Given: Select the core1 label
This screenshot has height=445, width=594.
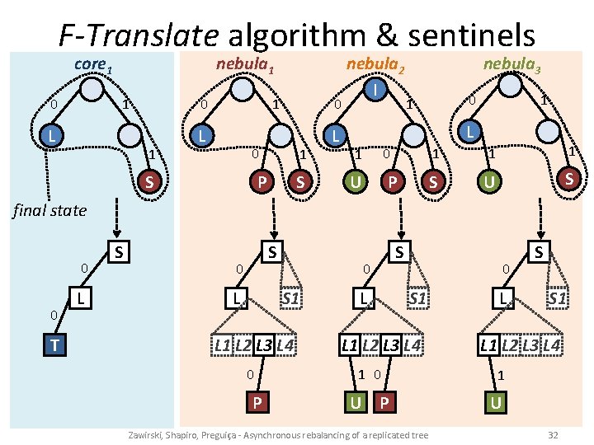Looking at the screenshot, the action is pos(92,64).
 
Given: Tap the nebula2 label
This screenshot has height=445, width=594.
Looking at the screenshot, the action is pos(375,64).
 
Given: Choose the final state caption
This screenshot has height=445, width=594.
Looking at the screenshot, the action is pos(49,210).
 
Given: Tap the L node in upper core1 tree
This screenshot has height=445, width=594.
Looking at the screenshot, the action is pos(51,134).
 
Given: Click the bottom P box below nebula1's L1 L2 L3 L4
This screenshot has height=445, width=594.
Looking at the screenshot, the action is pos(258,404).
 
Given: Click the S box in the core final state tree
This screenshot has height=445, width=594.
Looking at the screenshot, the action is pos(120,250).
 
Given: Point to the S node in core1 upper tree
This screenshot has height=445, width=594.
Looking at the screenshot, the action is pos(149,180).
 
